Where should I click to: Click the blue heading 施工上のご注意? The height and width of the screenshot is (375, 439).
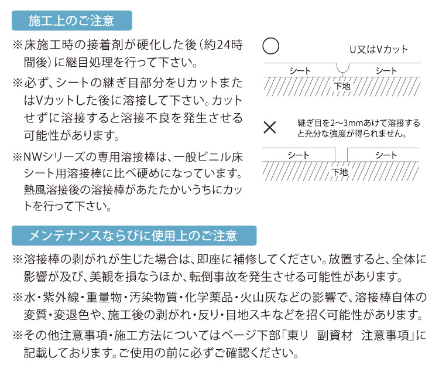71,21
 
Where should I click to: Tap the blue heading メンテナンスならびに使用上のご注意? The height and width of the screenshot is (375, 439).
134,236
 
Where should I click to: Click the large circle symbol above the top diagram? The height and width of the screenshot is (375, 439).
271,46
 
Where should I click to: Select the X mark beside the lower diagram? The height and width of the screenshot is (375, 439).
270,128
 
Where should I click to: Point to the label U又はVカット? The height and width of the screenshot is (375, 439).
379,50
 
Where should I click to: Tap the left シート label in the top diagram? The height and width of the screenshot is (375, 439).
300,71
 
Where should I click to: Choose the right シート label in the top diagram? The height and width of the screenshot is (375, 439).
386,71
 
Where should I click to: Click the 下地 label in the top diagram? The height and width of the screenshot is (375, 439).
342,86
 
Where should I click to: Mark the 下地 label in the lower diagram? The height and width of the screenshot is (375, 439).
339,172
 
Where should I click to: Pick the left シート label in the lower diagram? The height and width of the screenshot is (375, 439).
299,155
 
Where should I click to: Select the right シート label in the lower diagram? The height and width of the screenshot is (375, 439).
386,155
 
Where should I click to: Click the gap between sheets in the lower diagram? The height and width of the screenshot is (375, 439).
341,155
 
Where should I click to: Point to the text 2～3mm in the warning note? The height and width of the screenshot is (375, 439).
348,123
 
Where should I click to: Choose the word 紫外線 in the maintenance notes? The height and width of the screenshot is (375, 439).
61,298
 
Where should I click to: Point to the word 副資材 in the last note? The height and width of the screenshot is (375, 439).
335,335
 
